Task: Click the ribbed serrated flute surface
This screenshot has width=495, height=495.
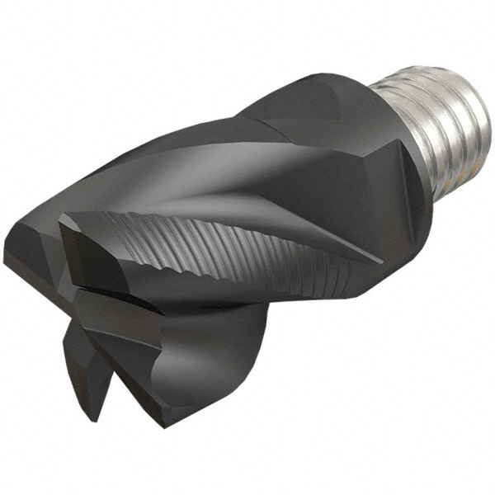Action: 247,247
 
